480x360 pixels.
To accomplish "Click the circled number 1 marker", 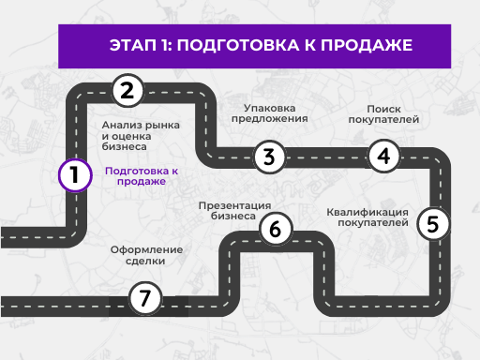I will click(74, 174).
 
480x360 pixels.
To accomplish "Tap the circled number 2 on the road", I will click(127, 91).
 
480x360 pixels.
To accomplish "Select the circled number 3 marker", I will click(269, 157).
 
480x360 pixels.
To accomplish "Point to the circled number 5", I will click(431, 224).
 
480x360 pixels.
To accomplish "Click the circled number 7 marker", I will click(143, 299).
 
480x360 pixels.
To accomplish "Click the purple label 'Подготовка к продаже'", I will click(142, 176).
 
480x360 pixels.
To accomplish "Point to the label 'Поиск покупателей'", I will click(383, 114).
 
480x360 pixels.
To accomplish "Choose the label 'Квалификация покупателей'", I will click(367, 217).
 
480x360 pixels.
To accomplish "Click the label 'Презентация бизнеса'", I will click(234, 210).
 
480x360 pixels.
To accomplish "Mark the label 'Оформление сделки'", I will click(145, 256).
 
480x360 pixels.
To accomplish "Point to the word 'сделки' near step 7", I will click(145, 262).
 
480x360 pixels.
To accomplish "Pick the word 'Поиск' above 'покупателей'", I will click(383, 108).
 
